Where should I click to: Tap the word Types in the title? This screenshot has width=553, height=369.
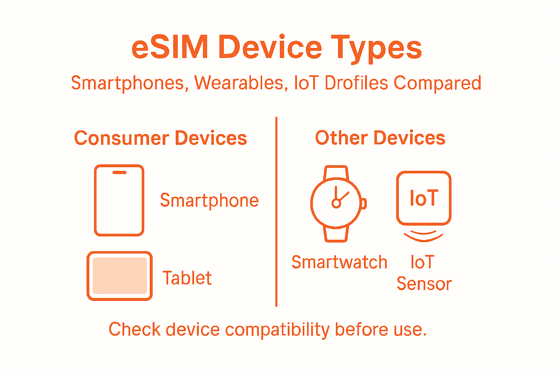click(376, 48)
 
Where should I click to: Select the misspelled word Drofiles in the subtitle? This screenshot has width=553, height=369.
click(356, 83)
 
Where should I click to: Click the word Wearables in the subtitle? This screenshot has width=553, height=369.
click(239, 83)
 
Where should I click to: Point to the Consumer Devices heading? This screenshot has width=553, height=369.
click(161, 138)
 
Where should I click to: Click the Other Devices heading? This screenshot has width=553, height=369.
click(380, 138)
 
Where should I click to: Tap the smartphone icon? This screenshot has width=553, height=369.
click(119, 200)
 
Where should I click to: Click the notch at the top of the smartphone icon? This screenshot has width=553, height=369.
click(119, 173)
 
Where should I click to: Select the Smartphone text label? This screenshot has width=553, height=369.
click(209, 201)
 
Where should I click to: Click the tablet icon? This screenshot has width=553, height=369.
click(120, 276)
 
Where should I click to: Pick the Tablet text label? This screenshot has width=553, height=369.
click(187, 278)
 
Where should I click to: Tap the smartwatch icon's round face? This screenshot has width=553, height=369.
click(336, 203)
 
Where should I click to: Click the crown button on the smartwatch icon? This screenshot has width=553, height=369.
click(364, 204)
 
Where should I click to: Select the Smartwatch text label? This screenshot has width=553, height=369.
click(339, 262)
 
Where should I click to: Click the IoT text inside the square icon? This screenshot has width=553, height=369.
click(424, 198)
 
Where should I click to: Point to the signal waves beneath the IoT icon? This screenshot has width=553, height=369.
click(423, 236)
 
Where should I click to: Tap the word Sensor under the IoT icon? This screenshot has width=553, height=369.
click(424, 284)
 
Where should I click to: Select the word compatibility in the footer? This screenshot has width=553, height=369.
click(277, 330)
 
